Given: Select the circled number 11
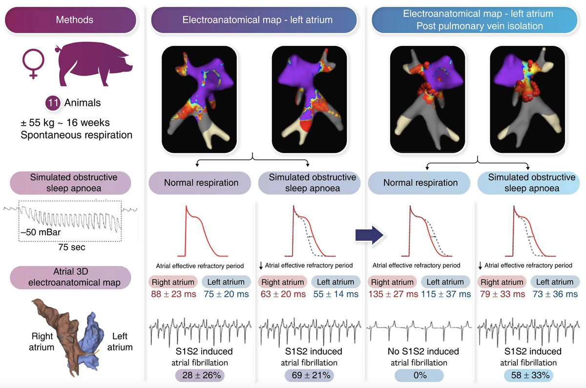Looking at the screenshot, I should click(x=52, y=103).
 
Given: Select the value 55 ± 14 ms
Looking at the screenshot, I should click(x=335, y=294).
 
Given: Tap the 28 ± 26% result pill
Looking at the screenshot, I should click(x=199, y=375).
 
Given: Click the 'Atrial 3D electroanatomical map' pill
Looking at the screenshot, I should click(x=70, y=276).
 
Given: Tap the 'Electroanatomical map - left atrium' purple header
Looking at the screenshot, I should click(x=257, y=20).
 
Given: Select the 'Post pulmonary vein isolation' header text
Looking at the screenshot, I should click(x=479, y=26).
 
